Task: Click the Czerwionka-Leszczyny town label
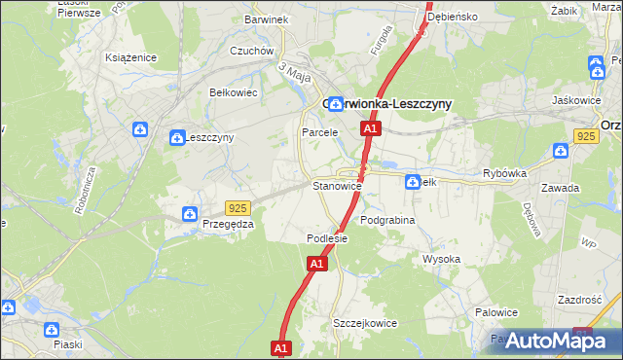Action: [x=385, y=105]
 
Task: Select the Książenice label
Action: [x=131, y=57]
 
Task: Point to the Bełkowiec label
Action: [x=233, y=92]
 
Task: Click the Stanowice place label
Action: [x=337, y=185]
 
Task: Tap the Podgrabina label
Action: [x=387, y=221]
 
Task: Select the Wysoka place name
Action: [x=441, y=259]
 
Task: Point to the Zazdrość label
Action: [x=581, y=301]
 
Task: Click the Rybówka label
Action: [x=504, y=173]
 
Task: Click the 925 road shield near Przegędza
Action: [x=238, y=208]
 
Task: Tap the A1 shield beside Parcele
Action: [x=370, y=128]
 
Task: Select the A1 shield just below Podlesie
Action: [x=316, y=263]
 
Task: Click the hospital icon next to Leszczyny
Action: [x=177, y=138]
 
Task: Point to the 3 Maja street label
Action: [x=294, y=72]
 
